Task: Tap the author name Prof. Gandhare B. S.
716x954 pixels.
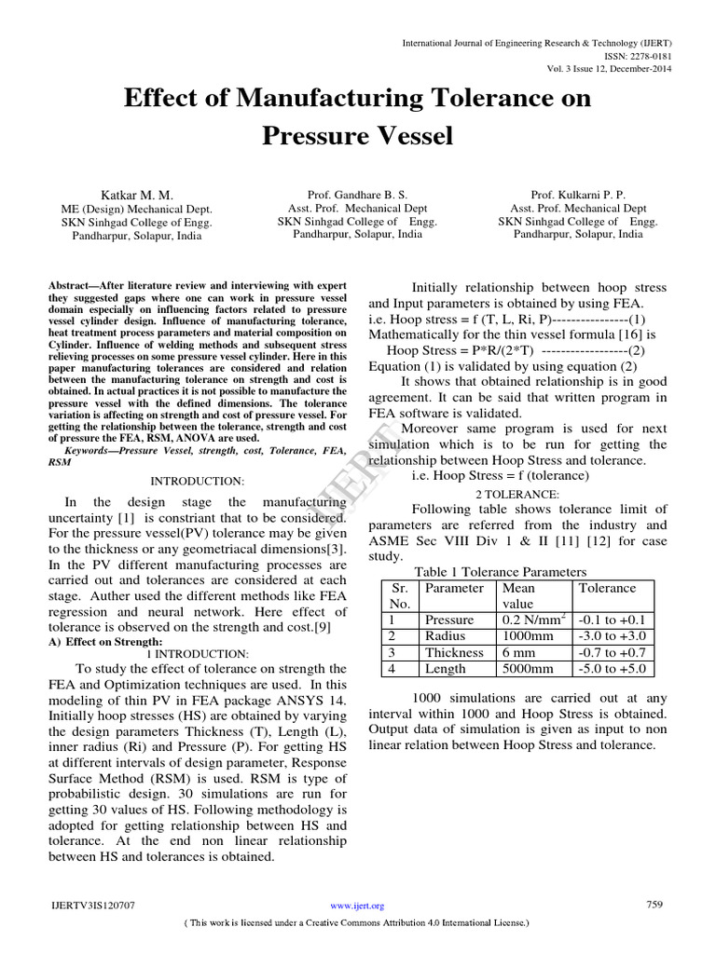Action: (x=357, y=196)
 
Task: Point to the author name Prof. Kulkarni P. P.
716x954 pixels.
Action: (x=577, y=196)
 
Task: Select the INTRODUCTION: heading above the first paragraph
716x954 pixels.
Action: (x=198, y=481)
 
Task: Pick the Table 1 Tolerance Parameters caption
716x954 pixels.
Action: (x=501, y=572)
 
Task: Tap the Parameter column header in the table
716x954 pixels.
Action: (x=454, y=588)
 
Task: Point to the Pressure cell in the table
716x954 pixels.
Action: (x=449, y=620)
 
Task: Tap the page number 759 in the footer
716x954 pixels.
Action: (x=654, y=904)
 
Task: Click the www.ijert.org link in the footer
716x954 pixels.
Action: (x=357, y=906)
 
